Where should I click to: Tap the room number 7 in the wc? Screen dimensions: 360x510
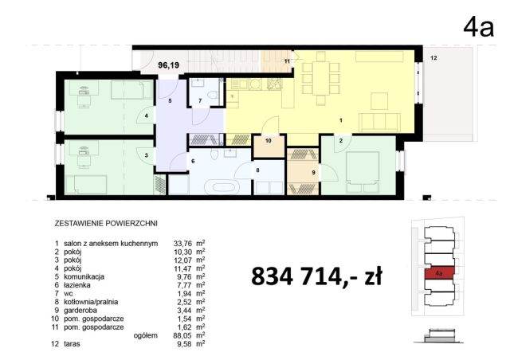click(x=200, y=100)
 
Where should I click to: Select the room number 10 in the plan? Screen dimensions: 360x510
click(x=269, y=141)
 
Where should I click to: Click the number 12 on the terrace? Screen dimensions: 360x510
click(x=433, y=59)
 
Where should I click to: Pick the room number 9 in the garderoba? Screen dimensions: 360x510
click(x=312, y=173)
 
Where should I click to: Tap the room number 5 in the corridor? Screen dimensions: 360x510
click(x=170, y=102)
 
